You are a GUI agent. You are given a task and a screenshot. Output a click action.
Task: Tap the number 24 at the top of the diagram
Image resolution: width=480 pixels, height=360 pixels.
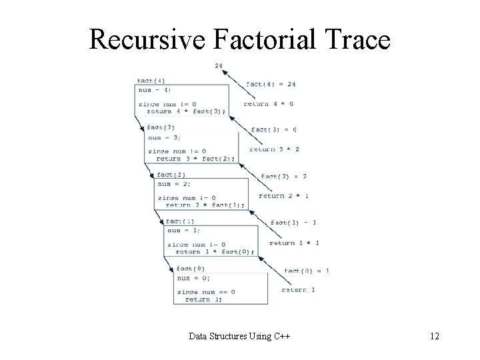click(x=219, y=65)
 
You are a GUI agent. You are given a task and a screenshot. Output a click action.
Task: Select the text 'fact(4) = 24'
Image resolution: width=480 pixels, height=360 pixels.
click(x=271, y=84)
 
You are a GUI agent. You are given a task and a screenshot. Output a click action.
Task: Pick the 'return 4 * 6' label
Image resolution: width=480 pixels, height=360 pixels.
click(x=269, y=103)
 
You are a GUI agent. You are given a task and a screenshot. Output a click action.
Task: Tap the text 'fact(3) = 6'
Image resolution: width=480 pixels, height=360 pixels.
click(x=274, y=129)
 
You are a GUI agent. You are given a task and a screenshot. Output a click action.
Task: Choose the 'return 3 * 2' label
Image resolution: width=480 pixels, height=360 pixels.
click(x=274, y=149)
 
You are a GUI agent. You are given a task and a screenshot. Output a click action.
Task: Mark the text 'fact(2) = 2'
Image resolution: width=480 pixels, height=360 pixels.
click(x=284, y=176)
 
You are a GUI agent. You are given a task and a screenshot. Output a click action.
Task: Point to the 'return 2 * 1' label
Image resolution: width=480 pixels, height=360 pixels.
click(x=283, y=196)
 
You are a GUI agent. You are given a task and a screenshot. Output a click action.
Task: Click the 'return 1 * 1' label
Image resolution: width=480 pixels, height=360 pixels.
click(x=294, y=243)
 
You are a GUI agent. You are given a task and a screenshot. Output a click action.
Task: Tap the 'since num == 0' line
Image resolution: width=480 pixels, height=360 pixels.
click(x=206, y=291)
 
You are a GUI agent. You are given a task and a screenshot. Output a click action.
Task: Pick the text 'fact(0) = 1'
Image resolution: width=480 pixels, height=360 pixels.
click(x=307, y=270)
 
